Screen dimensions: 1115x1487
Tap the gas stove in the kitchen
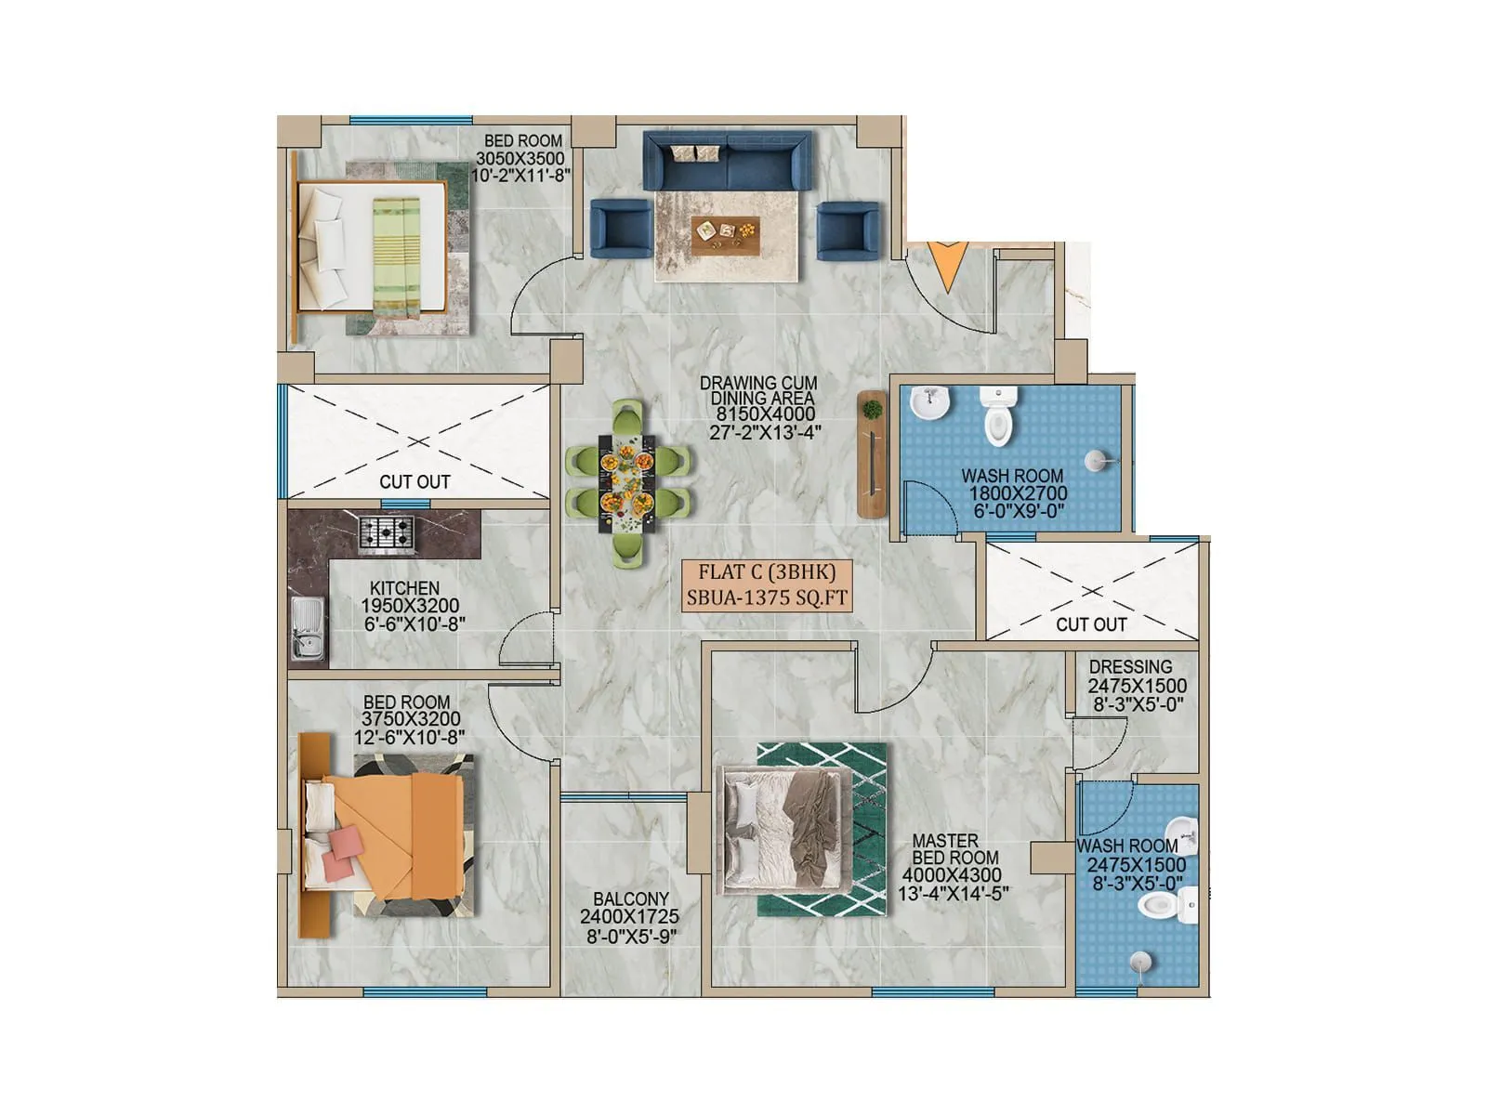[x=387, y=531]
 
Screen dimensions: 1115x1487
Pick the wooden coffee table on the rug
[x=725, y=235]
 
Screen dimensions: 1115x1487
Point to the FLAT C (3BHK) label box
[x=767, y=584]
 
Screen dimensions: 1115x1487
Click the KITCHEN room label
[x=404, y=588]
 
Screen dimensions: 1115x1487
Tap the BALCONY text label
[x=631, y=899]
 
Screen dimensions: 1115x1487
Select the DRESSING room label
[x=1130, y=667]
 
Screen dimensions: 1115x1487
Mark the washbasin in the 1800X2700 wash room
[x=928, y=403]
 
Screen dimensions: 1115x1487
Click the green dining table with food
[x=629, y=481]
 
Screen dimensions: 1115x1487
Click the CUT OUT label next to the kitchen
[x=415, y=481]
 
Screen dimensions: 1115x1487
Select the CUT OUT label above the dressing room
[x=1091, y=624]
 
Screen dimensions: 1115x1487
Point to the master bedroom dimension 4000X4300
[x=952, y=875]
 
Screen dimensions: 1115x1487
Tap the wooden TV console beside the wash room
[x=872, y=453]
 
